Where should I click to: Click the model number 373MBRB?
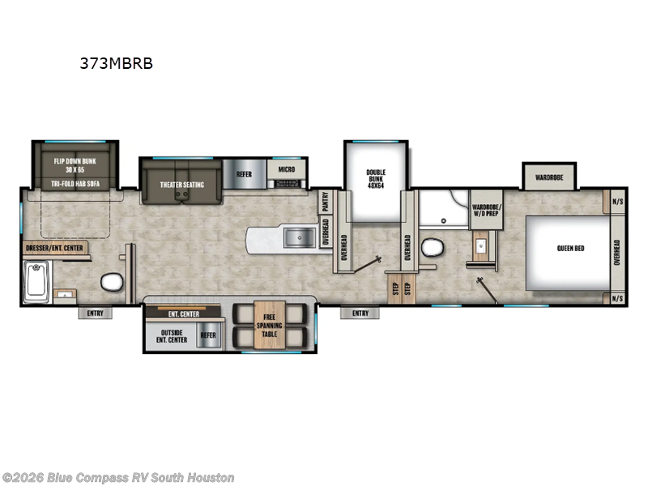116,63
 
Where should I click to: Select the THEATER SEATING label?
181,185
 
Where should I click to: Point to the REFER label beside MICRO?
244,173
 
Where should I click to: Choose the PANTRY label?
325,200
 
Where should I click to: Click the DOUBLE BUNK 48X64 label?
376,178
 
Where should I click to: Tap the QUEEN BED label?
569,248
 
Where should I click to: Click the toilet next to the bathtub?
110,283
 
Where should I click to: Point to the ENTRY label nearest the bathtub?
95,313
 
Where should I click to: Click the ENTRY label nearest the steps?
360,313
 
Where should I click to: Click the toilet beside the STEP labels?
430,248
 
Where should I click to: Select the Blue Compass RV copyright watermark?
118,478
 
